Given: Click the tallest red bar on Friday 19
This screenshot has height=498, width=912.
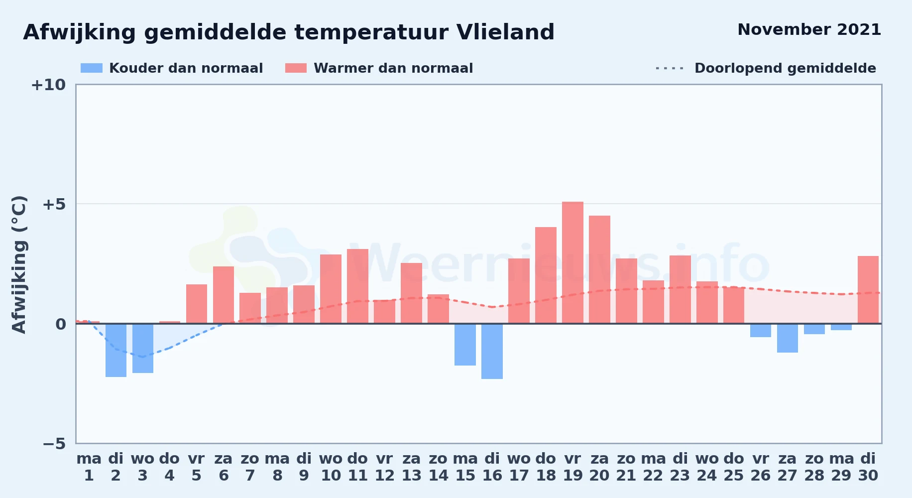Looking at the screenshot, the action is pyautogui.click(x=572, y=262).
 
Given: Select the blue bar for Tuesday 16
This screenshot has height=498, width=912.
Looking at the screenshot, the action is pyautogui.click(x=492, y=351).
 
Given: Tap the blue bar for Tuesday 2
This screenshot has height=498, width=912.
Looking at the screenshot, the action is pyautogui.click(x=116, y=350).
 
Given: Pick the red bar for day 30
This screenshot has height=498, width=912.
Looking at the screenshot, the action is pyautogui.click(x=868, y=290).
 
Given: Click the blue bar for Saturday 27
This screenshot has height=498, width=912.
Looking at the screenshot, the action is pyautogui.click(x=788, y=338).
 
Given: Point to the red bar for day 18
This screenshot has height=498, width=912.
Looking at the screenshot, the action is pyautogui.click(x=546, y=275).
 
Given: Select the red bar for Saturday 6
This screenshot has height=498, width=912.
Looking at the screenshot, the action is pyautogui.click(x=224, y=295).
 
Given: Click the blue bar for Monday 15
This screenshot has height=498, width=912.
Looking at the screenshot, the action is pyautogui.click(x=465, y=345).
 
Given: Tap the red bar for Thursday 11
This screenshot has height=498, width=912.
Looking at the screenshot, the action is pyautogui.click(x=357, y=286).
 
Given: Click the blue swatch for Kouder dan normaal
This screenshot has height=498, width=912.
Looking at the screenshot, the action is pyautogui.click(x=92, y=68).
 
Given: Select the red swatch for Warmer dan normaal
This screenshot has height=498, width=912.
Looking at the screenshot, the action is pyautogui.click(x=296, y=68).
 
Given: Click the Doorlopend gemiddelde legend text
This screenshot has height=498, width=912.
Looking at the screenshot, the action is pyautogui.click(x=785, y=68).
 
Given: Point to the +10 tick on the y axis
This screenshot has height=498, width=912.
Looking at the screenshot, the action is pyautogui.click(x=48, y=85).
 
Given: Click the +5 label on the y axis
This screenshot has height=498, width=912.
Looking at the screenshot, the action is pyautogui.click(x=54, y=204).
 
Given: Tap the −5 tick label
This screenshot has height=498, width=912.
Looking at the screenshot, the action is pyautogui.click(x=54, y=444).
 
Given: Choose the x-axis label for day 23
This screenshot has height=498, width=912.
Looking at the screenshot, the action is pyautogui.click(x=680, y=467).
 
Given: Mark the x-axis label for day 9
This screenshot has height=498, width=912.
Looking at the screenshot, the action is pyautogui.click(x=304, y=467).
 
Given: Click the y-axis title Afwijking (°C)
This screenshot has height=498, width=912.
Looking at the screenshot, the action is pyautogui.click(x=19, y=264).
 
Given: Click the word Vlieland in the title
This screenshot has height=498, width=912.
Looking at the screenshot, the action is pyautogui.click(x=505, y=32).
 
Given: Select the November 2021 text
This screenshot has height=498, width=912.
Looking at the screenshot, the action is pyautogui.click(x=809, y=30).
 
